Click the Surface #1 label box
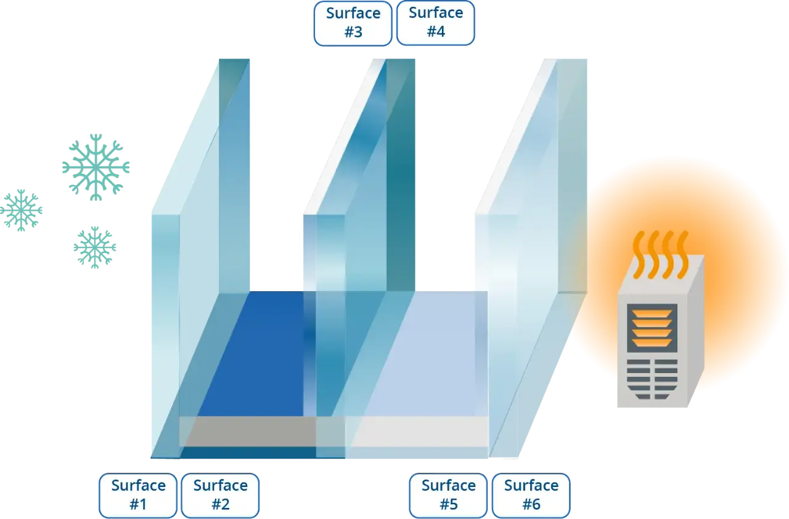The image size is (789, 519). (138, 496)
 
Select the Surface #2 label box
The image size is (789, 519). (221, 496)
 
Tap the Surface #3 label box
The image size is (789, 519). (353, 23)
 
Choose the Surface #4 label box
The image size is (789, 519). (436, 23)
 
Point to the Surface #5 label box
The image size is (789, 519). (448, 496)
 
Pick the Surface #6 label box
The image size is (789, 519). (531, 496)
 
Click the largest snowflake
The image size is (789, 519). (96, 167)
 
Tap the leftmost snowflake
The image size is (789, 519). (21, 211)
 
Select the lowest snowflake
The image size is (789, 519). (95, 247)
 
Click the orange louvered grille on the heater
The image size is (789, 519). (652, 328)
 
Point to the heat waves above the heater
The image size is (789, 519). (660, 255)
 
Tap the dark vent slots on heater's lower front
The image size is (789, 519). (652, 379)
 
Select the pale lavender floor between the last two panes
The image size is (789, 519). (419, 353)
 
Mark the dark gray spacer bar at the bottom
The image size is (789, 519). (251, 432)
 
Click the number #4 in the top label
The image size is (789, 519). (436, 31)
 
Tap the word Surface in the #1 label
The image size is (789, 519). (139, 486)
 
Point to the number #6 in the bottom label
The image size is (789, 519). (531, 504)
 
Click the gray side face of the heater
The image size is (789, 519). (696, 331)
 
